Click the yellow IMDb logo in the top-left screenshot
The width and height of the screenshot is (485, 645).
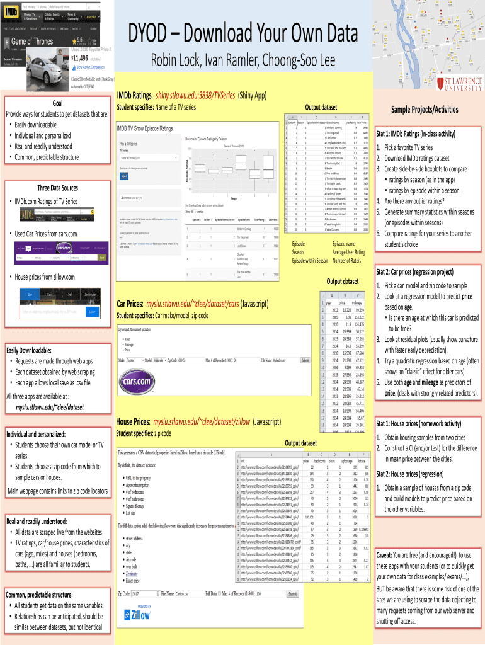click(13, 12)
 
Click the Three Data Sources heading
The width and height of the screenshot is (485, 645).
click(57, 188)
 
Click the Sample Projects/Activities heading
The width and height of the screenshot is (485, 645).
click(425, 110)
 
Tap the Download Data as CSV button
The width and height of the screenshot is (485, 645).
click(132, 198)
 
